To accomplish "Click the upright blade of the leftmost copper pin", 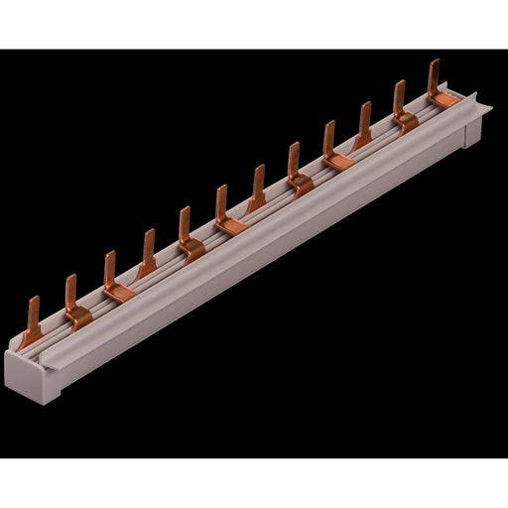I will (35, 309).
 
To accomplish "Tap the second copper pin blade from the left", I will (70, 291).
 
